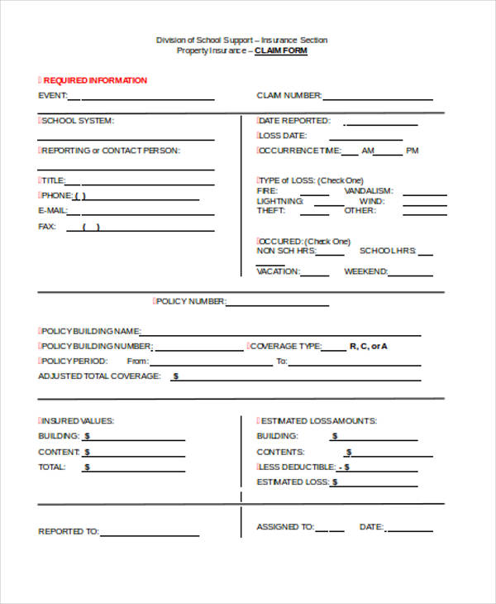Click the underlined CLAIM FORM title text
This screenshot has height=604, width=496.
point(280,50)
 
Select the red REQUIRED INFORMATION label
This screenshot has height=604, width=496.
point(95,80)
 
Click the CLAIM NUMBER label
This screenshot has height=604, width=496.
point(289,95)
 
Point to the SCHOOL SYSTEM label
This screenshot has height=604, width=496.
point(78,121)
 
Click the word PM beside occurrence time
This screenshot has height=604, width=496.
point(413,151)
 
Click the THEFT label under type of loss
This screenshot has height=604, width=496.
point(270,211)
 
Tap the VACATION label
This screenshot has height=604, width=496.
point(277,271)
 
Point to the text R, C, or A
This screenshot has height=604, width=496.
point(368,346)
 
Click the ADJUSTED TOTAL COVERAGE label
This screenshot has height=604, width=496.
point(98,376)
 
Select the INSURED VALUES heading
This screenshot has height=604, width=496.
point(78,420)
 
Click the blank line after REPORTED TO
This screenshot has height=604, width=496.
point(150,534)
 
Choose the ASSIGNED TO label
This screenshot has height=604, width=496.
point(285,526)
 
